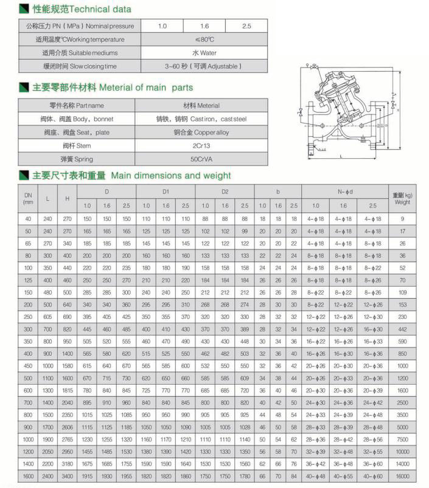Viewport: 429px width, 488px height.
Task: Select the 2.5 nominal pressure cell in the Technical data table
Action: point(246,26)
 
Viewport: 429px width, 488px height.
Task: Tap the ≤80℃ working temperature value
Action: point(204,40)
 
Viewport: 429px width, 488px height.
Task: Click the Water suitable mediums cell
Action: point(204,53)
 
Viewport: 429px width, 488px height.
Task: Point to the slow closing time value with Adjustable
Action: point(204,66)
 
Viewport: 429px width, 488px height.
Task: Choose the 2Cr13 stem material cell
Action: point(204,146)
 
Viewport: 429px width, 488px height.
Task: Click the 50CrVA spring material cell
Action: point(204,159)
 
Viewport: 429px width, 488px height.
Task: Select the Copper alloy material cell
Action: point(204,133)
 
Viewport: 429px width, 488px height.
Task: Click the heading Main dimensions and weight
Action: point(171,176)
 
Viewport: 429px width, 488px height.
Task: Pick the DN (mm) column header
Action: point(28,198)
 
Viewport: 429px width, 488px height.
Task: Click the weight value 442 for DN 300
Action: point(402,329)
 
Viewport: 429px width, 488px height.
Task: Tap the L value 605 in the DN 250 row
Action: point(47,317)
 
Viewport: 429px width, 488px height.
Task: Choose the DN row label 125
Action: point(28,281)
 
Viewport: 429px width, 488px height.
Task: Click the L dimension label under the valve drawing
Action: point(341,156)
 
